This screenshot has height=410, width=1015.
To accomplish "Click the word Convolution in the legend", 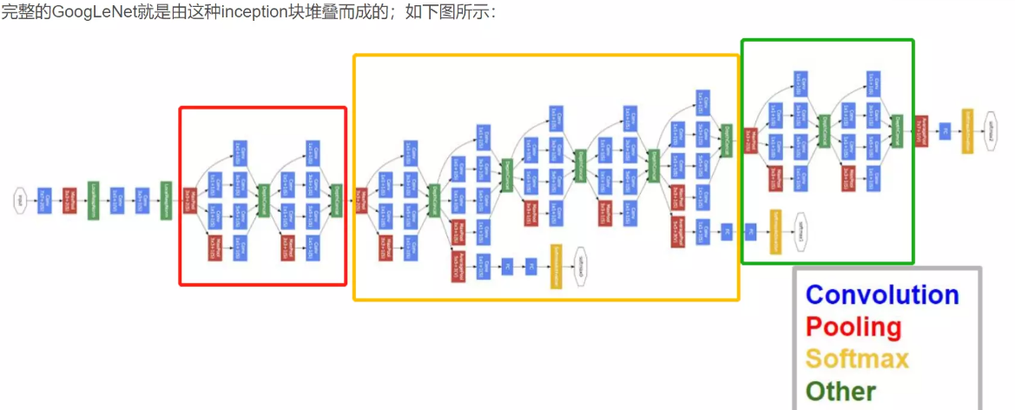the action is coord(882,295).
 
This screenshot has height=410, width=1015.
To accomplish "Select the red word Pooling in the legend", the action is coord(854,327).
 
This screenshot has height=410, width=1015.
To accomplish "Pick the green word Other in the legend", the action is coord(840,391).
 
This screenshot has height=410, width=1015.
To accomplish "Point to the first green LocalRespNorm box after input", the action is coord(93,200).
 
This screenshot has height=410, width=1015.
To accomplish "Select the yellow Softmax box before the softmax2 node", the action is coord(966,131).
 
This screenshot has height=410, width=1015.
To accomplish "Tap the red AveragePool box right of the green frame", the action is coord(922,131).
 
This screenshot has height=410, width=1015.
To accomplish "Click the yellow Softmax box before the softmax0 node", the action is coord(555,268).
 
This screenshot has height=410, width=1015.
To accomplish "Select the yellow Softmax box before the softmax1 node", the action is coord(775,232).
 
